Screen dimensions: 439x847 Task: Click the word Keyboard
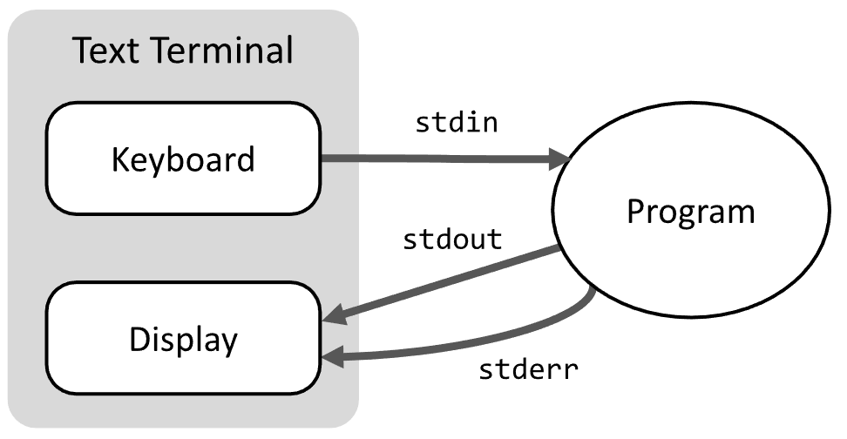[x=183, y=159]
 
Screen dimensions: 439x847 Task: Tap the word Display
[x=183, y=340]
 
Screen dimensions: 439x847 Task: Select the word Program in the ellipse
[x=690, y=212]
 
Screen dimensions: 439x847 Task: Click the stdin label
[x=457, y=123]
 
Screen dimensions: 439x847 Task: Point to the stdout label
[x=452, y=240]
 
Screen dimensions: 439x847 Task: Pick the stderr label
[x=530, y=369]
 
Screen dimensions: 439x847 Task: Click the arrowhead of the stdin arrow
[x=559, y=159]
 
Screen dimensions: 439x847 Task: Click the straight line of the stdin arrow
[x=436, y=159]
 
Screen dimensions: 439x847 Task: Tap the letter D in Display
[x=139, y=340]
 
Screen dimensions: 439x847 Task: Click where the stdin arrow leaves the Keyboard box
[x=323, y=159]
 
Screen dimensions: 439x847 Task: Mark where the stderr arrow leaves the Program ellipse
[x=593, y=291]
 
